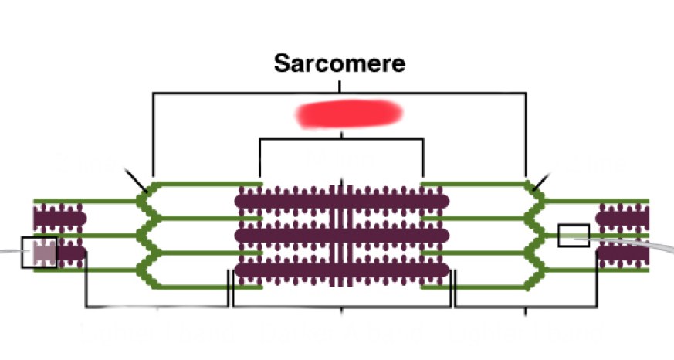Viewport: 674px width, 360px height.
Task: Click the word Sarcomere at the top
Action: point(339,63)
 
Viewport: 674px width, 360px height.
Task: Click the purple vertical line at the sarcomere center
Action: point(340,232)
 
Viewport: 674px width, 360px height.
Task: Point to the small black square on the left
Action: point(39,253)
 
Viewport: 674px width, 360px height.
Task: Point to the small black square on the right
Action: point(573,235)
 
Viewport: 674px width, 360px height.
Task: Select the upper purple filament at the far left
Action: point(59,218)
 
